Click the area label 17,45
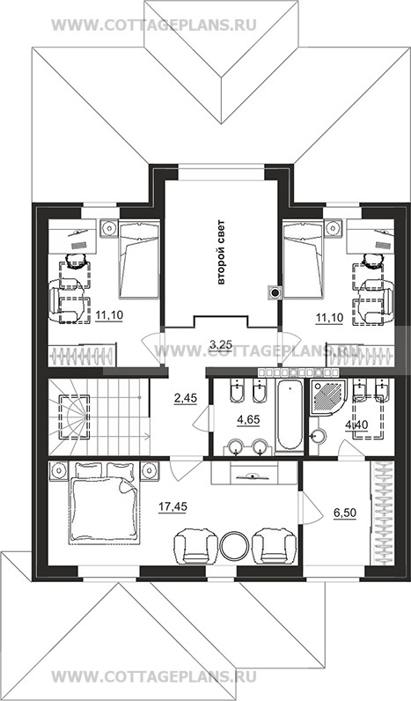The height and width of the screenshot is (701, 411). coord(172,506)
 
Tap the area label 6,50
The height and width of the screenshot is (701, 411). coord(345,513)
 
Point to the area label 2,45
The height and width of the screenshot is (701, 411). coord(185,398)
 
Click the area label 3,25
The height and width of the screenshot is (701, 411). coord(220,343)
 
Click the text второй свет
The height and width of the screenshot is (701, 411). coord(221,252)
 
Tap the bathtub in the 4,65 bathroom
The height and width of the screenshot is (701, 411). coord(289,415)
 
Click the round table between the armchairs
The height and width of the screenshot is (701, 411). coord(234,545)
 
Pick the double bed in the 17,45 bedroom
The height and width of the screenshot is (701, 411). coord(103,504)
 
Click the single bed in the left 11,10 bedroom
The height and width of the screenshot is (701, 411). coord(139,259)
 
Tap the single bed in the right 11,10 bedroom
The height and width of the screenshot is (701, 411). coord(304,259)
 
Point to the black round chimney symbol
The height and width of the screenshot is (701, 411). coord(275,292)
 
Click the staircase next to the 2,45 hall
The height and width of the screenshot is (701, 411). coord(99,417)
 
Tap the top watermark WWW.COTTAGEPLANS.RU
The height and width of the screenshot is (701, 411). coord(154,25)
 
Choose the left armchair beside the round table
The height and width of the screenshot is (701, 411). coord(190,546)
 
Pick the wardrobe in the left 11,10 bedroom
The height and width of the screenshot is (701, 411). coord(82,355)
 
